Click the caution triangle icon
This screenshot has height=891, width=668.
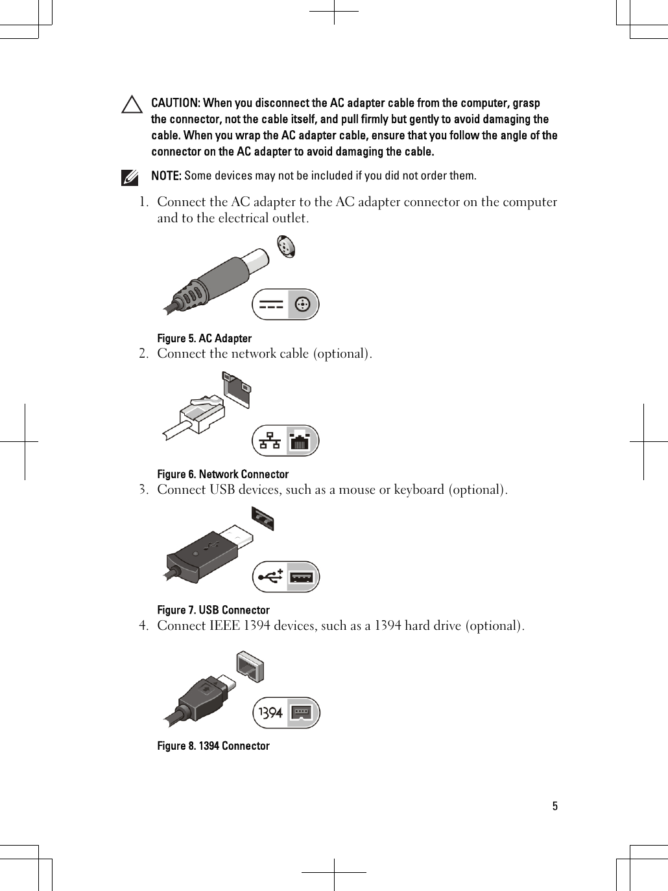[x=132, y=105]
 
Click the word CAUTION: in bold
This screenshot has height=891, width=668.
[x=175, y=104]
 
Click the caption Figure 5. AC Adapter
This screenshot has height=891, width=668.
[x=204, y=338]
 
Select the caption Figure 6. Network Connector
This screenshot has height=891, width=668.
[x=222, y=474]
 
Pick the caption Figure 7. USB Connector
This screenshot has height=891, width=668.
[x=213, y=610]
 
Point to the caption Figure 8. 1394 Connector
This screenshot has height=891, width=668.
[x=213, y=746]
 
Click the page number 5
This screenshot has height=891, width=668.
[x=555, y=807]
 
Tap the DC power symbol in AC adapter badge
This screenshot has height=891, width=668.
[x=270, y=305]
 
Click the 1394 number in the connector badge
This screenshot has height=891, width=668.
[x=270, y=713]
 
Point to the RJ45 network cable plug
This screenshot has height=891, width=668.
[x=203, y=413]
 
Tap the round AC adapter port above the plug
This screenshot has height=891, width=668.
[x=285, y=247]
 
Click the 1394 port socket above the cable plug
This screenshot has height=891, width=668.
[x=250, y=666]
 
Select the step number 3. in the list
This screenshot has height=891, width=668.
[x=144, y=490]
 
